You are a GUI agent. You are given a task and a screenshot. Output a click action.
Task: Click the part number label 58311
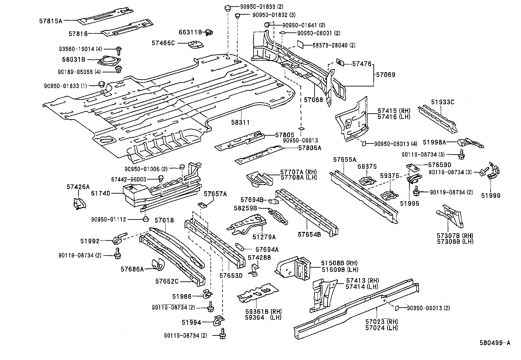[x=241, y=123]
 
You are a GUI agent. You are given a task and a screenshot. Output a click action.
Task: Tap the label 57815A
[x=51, y=21]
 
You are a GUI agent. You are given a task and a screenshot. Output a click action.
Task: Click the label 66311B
[x=190, y=32]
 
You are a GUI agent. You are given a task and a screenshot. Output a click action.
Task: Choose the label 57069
[x=386, y=75]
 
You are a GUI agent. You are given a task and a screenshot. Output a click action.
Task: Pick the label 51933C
[x=442, y=102]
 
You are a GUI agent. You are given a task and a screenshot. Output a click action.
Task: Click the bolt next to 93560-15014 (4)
[x=118, y=50]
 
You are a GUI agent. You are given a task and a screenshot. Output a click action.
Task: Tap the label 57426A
[x=78, y=187]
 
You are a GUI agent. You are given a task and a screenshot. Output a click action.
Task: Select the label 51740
[x=100, y=193]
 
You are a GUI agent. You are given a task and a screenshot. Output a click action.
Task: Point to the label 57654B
[x=309, y=235]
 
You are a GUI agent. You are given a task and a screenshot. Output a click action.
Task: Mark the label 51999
[x=491, y=196]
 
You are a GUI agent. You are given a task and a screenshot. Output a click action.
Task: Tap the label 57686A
[x=132, y=269]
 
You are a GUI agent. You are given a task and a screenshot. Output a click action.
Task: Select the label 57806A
[x=310, y=148]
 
